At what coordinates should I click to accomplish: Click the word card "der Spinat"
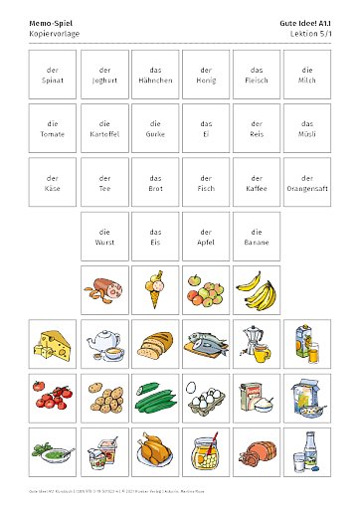pos(53,75)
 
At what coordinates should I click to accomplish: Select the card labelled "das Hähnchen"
pos(155,75)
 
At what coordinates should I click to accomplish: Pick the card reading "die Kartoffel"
pos(104,128)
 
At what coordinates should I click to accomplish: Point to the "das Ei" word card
pos(206,128)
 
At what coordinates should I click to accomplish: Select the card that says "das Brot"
pos(155,182)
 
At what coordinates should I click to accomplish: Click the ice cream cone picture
pos(155,288)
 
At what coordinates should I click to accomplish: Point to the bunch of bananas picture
pos(258,289)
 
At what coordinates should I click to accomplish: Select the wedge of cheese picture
pos(53,344)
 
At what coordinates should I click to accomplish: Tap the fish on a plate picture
pos(206,344)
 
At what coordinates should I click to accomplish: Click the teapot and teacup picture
pos(104,344)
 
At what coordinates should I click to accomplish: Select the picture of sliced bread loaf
pos(155,344)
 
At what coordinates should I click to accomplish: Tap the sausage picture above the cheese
pos(104,289)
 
